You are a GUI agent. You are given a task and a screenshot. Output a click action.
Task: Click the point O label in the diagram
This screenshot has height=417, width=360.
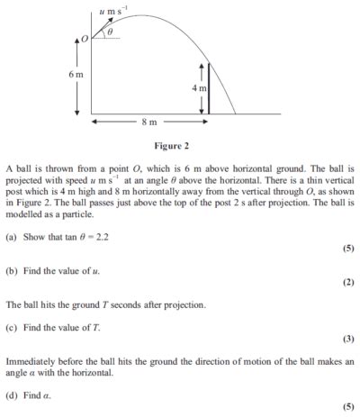point(85,39)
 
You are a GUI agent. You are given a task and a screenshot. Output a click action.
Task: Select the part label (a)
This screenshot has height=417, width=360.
point(11,234)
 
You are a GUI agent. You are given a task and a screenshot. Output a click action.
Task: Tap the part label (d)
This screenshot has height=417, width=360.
point(11,394)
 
